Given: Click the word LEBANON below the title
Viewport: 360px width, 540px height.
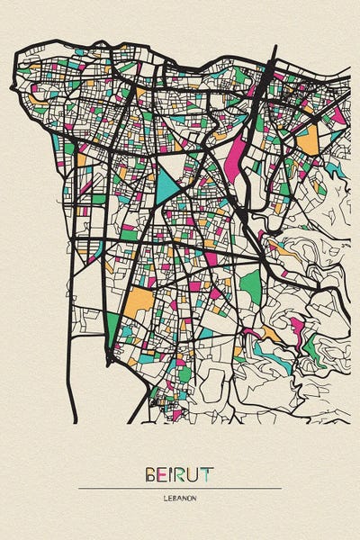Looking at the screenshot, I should [180, 497].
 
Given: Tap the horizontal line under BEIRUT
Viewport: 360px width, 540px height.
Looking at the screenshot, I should [180, 488].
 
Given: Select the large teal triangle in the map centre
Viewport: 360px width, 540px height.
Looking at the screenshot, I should [168, 184].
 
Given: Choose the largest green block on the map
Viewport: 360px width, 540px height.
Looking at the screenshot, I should [249, 286].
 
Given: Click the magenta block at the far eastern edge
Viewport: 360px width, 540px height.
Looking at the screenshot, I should [338, 115].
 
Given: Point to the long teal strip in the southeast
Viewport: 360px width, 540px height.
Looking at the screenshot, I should [270, 355].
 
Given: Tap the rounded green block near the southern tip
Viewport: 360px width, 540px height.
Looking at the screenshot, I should [184, 372].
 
